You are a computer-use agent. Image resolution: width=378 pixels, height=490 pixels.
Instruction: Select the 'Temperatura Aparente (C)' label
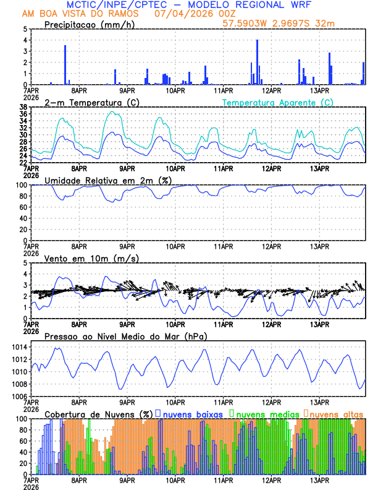pyautogui.click(x=277, y=102)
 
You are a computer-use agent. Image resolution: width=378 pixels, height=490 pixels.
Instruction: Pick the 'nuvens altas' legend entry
pyautogui.click(x=335, y=413)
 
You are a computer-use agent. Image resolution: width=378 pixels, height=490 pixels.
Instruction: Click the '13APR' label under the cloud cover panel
pyautogui.click(x=319, y=480)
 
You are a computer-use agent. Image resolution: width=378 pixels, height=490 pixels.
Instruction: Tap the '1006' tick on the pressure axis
pyautogui.click(x=20, y=396)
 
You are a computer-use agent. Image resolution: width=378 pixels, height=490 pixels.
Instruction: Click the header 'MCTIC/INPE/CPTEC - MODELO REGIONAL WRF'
pyautogui.click(x=188, y=4)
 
